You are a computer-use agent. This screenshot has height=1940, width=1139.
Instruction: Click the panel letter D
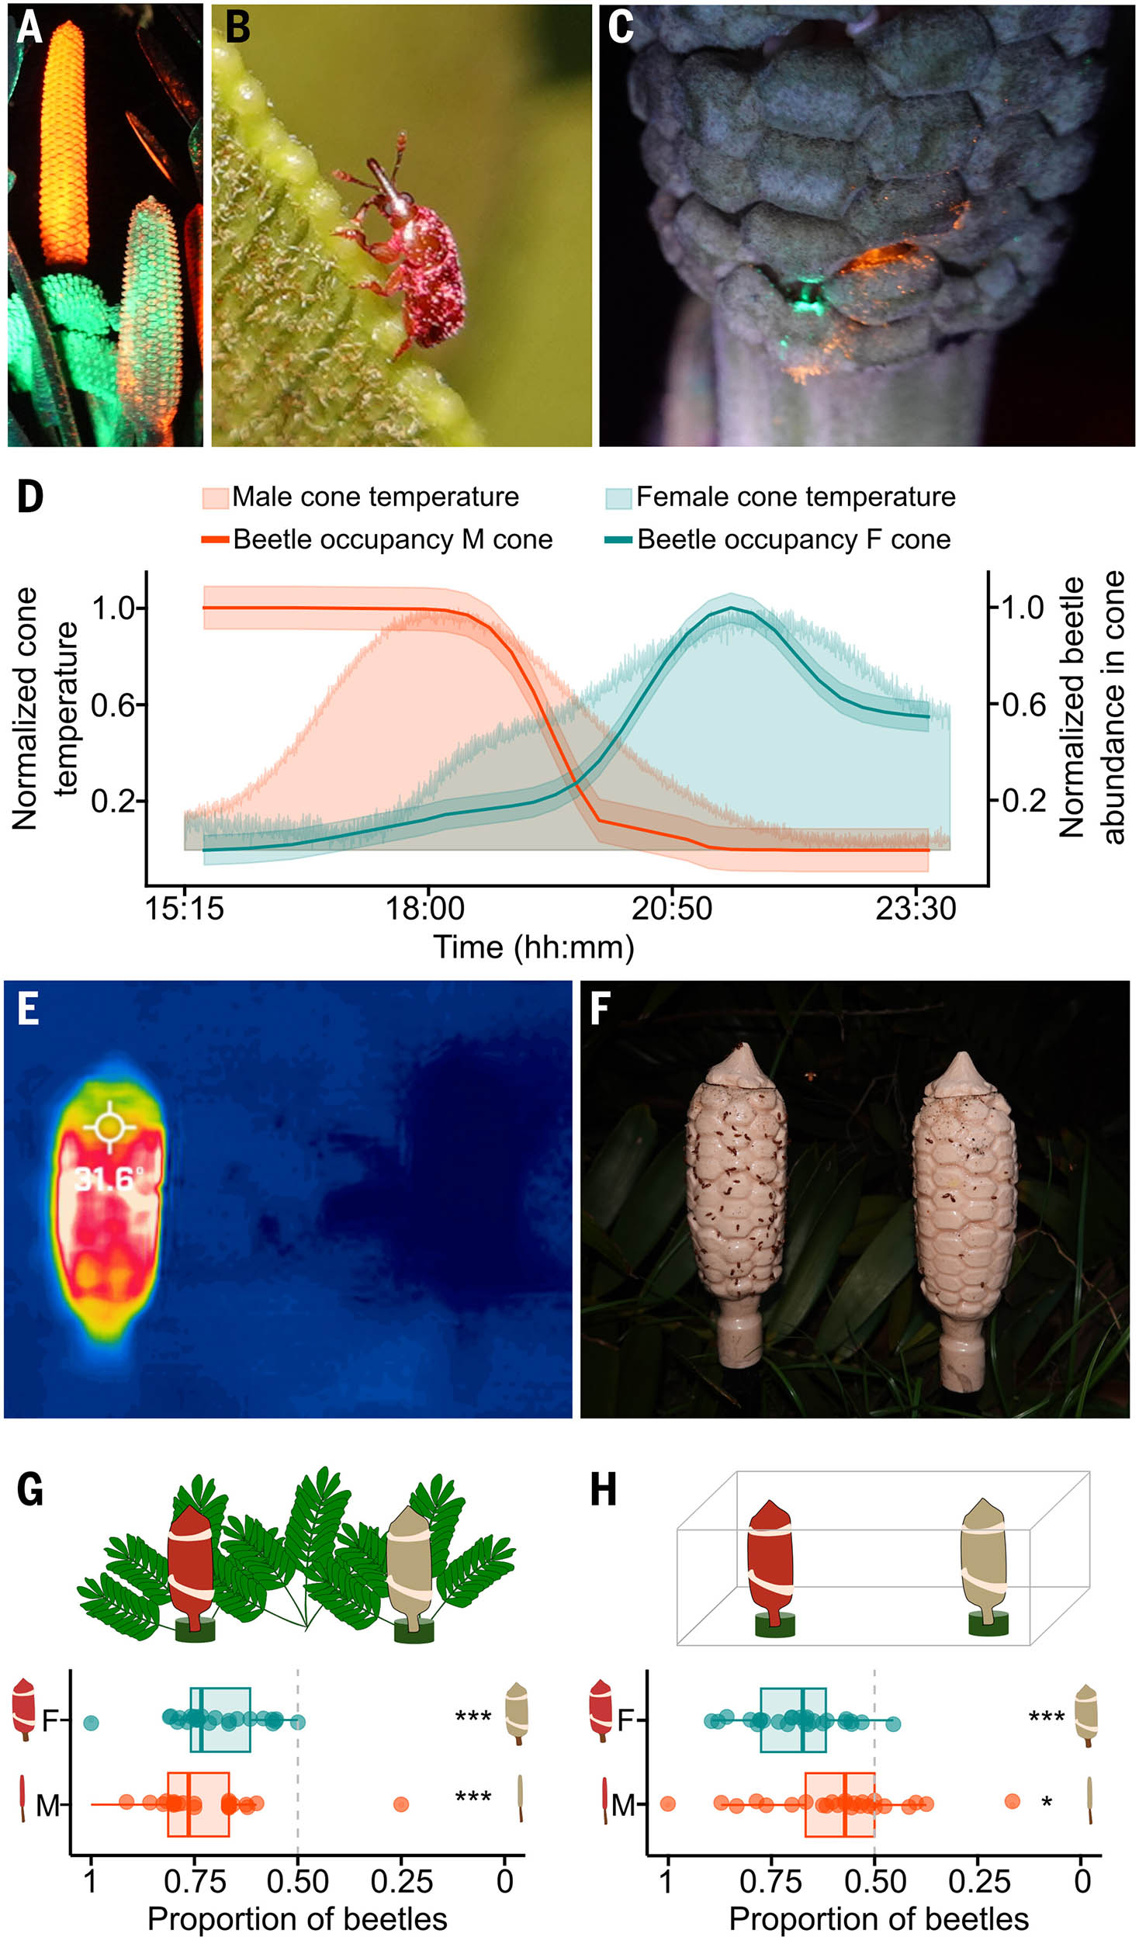coord(30,497)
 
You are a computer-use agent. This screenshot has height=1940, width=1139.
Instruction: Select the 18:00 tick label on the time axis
coord(425,908)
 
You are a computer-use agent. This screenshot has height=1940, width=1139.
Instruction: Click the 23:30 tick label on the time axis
coord(916,908)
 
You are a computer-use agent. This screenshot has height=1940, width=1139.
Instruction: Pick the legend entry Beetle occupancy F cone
coord(793,539)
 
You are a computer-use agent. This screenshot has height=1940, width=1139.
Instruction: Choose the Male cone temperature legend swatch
coord(216,497)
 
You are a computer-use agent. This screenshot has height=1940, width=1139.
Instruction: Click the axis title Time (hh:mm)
coord(534,947)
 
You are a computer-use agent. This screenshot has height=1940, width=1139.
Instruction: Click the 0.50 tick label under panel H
coord(874,1881)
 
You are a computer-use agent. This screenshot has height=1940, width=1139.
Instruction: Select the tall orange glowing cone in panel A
coord(64,144)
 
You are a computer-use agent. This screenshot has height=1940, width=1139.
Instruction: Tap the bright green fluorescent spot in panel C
coord(806,299)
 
